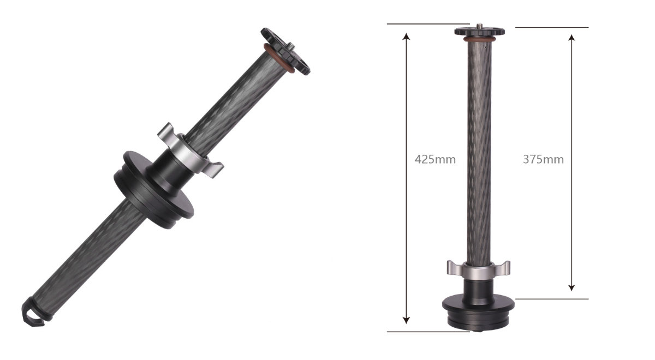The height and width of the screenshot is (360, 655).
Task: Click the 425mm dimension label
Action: pos(435,159)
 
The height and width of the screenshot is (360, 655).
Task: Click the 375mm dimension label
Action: pos(543,159)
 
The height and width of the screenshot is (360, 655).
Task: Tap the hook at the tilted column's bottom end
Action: pos(33,313)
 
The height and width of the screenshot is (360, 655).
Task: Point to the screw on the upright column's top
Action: pos(480,26)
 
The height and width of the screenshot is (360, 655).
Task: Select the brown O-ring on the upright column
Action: pos(480,39)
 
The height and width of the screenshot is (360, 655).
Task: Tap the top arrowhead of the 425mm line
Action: pos(406,36)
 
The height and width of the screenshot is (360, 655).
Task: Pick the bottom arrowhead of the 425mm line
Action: pos(406,320)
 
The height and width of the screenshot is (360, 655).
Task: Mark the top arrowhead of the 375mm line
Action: pos(571,38)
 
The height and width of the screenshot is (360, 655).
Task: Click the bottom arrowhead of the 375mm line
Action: pos(571,287)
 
